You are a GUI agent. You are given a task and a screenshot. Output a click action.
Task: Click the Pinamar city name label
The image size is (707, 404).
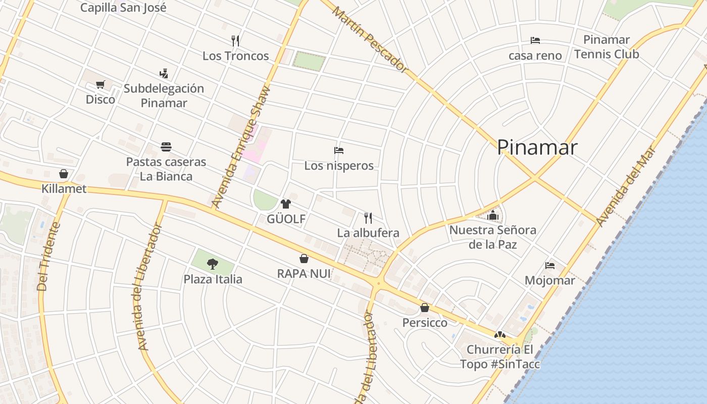point(537,147)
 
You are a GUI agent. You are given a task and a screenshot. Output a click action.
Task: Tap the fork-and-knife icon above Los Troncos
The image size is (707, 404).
point(235,40)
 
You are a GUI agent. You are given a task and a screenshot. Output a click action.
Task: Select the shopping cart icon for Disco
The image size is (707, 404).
point(100,84)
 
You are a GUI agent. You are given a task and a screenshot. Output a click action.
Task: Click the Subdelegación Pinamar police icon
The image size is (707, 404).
point(164,74)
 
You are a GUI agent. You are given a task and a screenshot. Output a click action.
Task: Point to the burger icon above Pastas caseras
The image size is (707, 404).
point(166,147)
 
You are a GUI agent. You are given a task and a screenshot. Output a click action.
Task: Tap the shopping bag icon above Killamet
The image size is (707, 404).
point(64,174)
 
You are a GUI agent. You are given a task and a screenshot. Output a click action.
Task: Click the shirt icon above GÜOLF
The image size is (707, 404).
point(286,204)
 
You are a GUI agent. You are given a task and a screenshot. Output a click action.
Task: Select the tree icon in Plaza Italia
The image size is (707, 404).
point(213,264)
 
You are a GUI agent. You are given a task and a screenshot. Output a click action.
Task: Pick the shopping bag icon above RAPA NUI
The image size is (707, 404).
point(304,259)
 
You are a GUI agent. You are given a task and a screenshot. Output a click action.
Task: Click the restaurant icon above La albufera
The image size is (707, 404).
point(368,218)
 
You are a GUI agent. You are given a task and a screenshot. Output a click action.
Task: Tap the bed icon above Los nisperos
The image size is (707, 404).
point(339,150)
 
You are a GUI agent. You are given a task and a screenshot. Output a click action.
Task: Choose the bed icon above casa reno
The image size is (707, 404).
point(535,40)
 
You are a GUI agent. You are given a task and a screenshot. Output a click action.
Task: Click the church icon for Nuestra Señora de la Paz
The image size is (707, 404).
point(493,215)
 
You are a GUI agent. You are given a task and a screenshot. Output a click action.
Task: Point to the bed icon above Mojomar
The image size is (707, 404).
point(550,266)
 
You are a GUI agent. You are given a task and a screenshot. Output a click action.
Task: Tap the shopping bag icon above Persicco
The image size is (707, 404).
point(425,308)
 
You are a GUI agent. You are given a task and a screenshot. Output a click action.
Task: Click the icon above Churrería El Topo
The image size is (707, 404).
point(499,334)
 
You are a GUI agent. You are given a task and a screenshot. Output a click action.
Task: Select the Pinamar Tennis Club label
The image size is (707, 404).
point(607,47)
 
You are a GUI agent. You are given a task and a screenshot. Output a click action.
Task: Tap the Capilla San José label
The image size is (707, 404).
point(123,8)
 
